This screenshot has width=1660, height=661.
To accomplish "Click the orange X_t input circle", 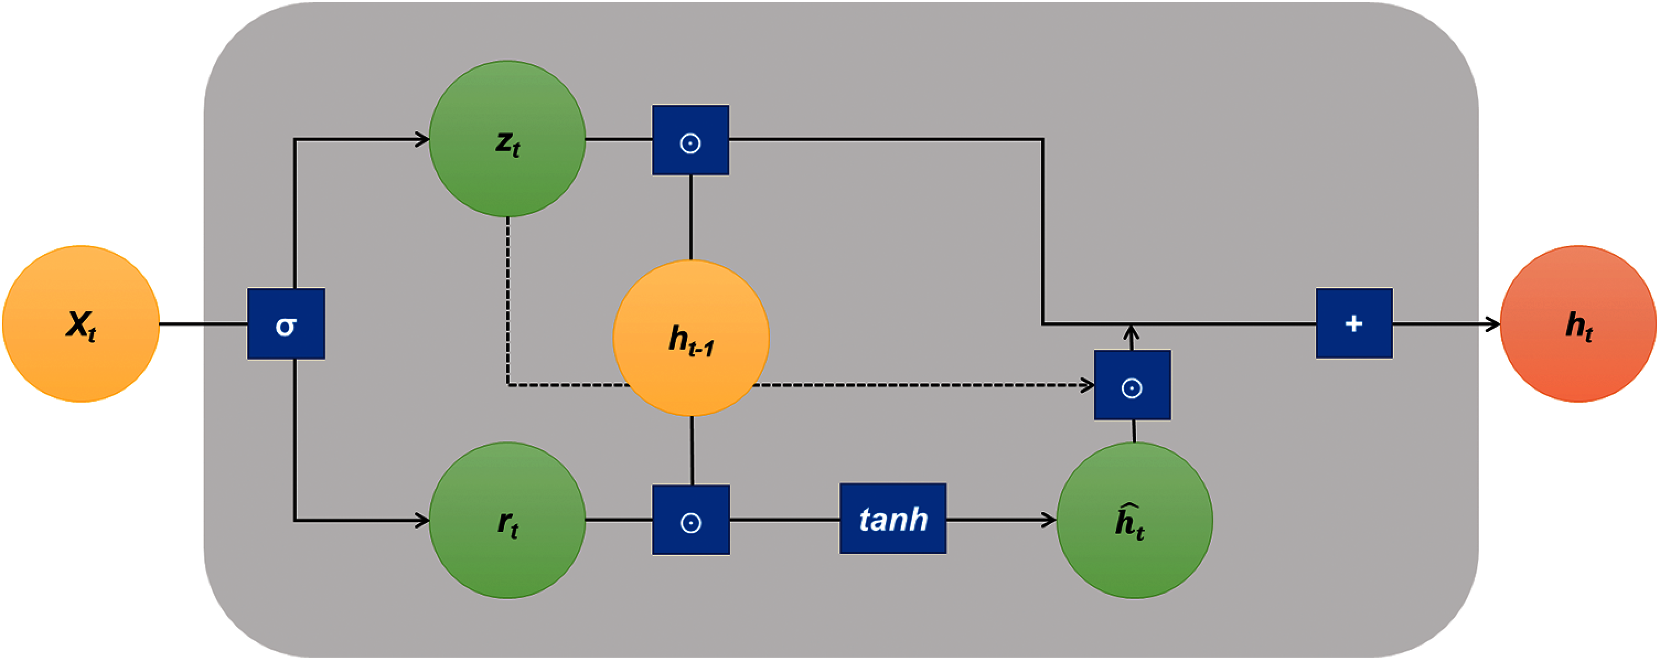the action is [x=81, y=324].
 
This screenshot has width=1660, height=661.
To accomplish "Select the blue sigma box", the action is [x=286, y=324].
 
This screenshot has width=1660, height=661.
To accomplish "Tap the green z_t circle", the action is [x=507, y=138].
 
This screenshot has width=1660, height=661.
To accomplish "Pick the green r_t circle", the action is [x=507, y=520].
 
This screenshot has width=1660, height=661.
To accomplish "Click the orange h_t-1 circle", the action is [x=692, y=338].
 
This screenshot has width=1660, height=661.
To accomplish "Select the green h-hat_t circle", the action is [x=1135, y=520].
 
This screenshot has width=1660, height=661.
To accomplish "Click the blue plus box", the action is [x=1354, y=323].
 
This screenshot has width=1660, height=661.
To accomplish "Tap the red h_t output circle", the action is [x=1579, y=324].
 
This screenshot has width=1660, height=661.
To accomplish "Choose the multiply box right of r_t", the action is [x=691, y=520].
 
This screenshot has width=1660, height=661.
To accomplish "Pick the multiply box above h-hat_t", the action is [x=1133, y=385].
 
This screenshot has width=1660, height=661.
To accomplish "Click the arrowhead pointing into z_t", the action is [x=422, y=139].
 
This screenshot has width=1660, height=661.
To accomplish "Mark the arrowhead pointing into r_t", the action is [x=422, y=520].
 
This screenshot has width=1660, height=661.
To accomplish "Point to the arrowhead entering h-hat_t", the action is [x=1049, y=520].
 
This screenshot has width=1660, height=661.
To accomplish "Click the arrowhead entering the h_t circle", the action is [x=1493, y=324].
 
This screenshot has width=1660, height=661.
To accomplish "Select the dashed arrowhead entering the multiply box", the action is [x=1087, y=386].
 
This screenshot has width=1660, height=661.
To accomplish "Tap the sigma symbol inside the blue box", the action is [x=286, y=326].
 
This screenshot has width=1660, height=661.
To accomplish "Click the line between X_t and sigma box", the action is [x=204, y=324].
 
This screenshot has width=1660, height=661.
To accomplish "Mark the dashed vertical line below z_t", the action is [x=508, y=301].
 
